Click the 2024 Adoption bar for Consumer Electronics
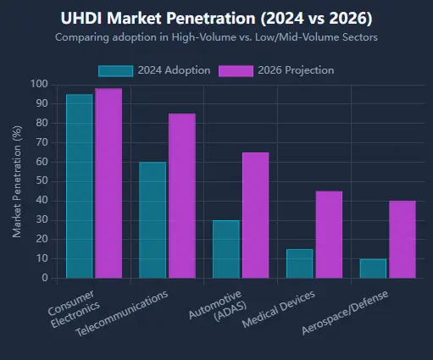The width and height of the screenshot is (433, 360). [80, 186]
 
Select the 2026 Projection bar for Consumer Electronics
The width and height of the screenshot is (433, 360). [108, 183]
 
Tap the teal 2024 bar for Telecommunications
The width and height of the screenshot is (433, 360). [153, 219]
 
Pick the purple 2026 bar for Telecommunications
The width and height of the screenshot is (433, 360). [181, 196]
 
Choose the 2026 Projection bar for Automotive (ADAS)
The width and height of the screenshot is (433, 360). [255, 215]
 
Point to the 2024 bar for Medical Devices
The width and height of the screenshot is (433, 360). [299, 263]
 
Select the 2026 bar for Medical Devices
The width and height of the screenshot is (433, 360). [329, 235]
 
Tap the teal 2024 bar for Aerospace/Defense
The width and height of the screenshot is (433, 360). [373, 269]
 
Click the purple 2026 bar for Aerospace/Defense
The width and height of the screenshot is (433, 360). [402, 239]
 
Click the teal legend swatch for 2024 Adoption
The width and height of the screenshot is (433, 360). [115, 70]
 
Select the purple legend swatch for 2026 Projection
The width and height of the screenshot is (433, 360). [236, 70]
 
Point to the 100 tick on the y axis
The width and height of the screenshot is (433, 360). [37, 84]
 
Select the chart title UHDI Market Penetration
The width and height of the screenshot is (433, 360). [217, 18]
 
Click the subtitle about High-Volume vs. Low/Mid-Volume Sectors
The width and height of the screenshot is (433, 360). [217, 37]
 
